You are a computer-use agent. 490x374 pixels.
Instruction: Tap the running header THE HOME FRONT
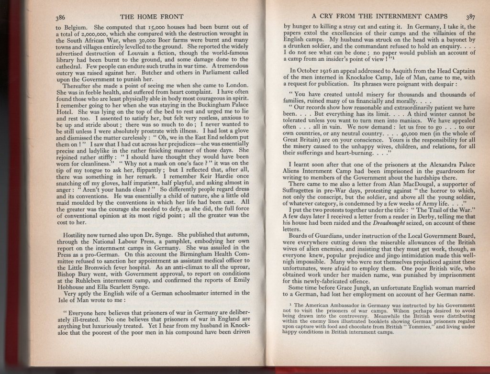coord(150,18)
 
